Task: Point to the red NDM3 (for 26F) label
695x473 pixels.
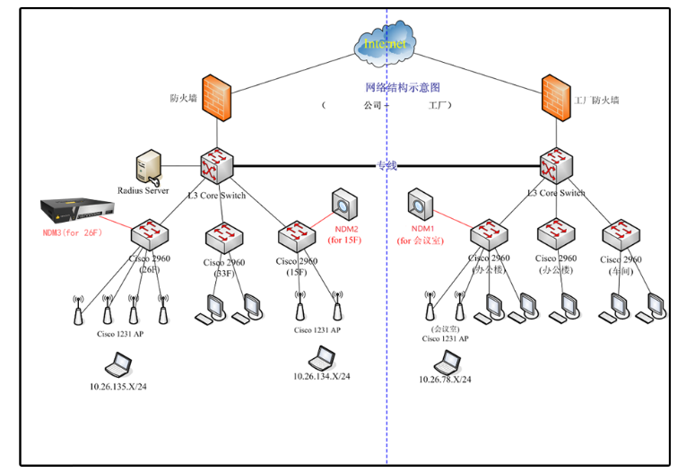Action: pyautogui.click(x=73, y=232)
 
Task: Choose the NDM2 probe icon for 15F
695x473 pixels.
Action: pyautogui.click(x=343, y=202)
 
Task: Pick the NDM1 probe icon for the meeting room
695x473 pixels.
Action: pyautogui.click(x=420, y=203)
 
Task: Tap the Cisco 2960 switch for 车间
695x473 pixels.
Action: pyautogui.click(x=619, y=236)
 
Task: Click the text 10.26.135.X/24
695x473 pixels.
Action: pyautogui.click(x=118, y=387)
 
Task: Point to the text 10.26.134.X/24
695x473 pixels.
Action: pyautogui.click(x=320, y=375)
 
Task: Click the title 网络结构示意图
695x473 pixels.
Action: pyautogui.click(x=403, y=88)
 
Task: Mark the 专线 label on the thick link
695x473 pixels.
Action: pyautogui.click(x=386, y=165)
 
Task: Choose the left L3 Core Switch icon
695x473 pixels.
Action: pyautogui.click(x=216, y=165)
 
